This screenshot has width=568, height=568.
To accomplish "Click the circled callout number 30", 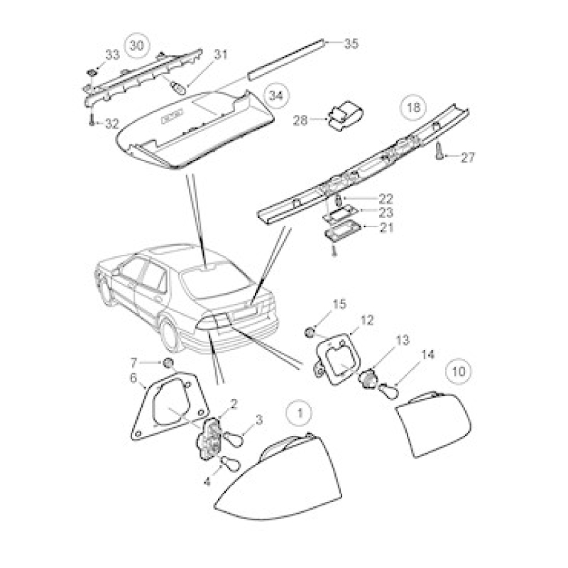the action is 136,45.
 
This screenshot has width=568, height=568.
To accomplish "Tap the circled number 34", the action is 275,96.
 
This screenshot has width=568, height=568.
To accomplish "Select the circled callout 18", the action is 413,108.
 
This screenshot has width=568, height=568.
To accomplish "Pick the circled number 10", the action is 458,371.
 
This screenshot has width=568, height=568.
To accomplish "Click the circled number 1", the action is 299,413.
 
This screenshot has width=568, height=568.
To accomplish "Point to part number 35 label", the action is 351,43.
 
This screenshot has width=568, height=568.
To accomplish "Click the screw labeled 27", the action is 439,151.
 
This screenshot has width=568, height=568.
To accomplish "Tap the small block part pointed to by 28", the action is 345,116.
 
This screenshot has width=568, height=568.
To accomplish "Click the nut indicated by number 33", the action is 92,72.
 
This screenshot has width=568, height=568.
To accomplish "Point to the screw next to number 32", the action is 92,119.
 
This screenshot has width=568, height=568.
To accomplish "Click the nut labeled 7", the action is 168,362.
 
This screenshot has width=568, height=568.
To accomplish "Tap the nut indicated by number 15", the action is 310,332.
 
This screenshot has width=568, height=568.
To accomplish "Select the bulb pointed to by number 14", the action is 388,392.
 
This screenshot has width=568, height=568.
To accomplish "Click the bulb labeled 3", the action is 232,439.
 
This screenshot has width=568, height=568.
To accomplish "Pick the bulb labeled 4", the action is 230,463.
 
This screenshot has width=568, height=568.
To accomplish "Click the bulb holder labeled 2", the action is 209,439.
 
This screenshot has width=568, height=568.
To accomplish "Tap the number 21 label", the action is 386,227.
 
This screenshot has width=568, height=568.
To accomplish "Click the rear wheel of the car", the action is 170,333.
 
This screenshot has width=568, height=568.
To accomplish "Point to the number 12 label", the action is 366,320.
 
